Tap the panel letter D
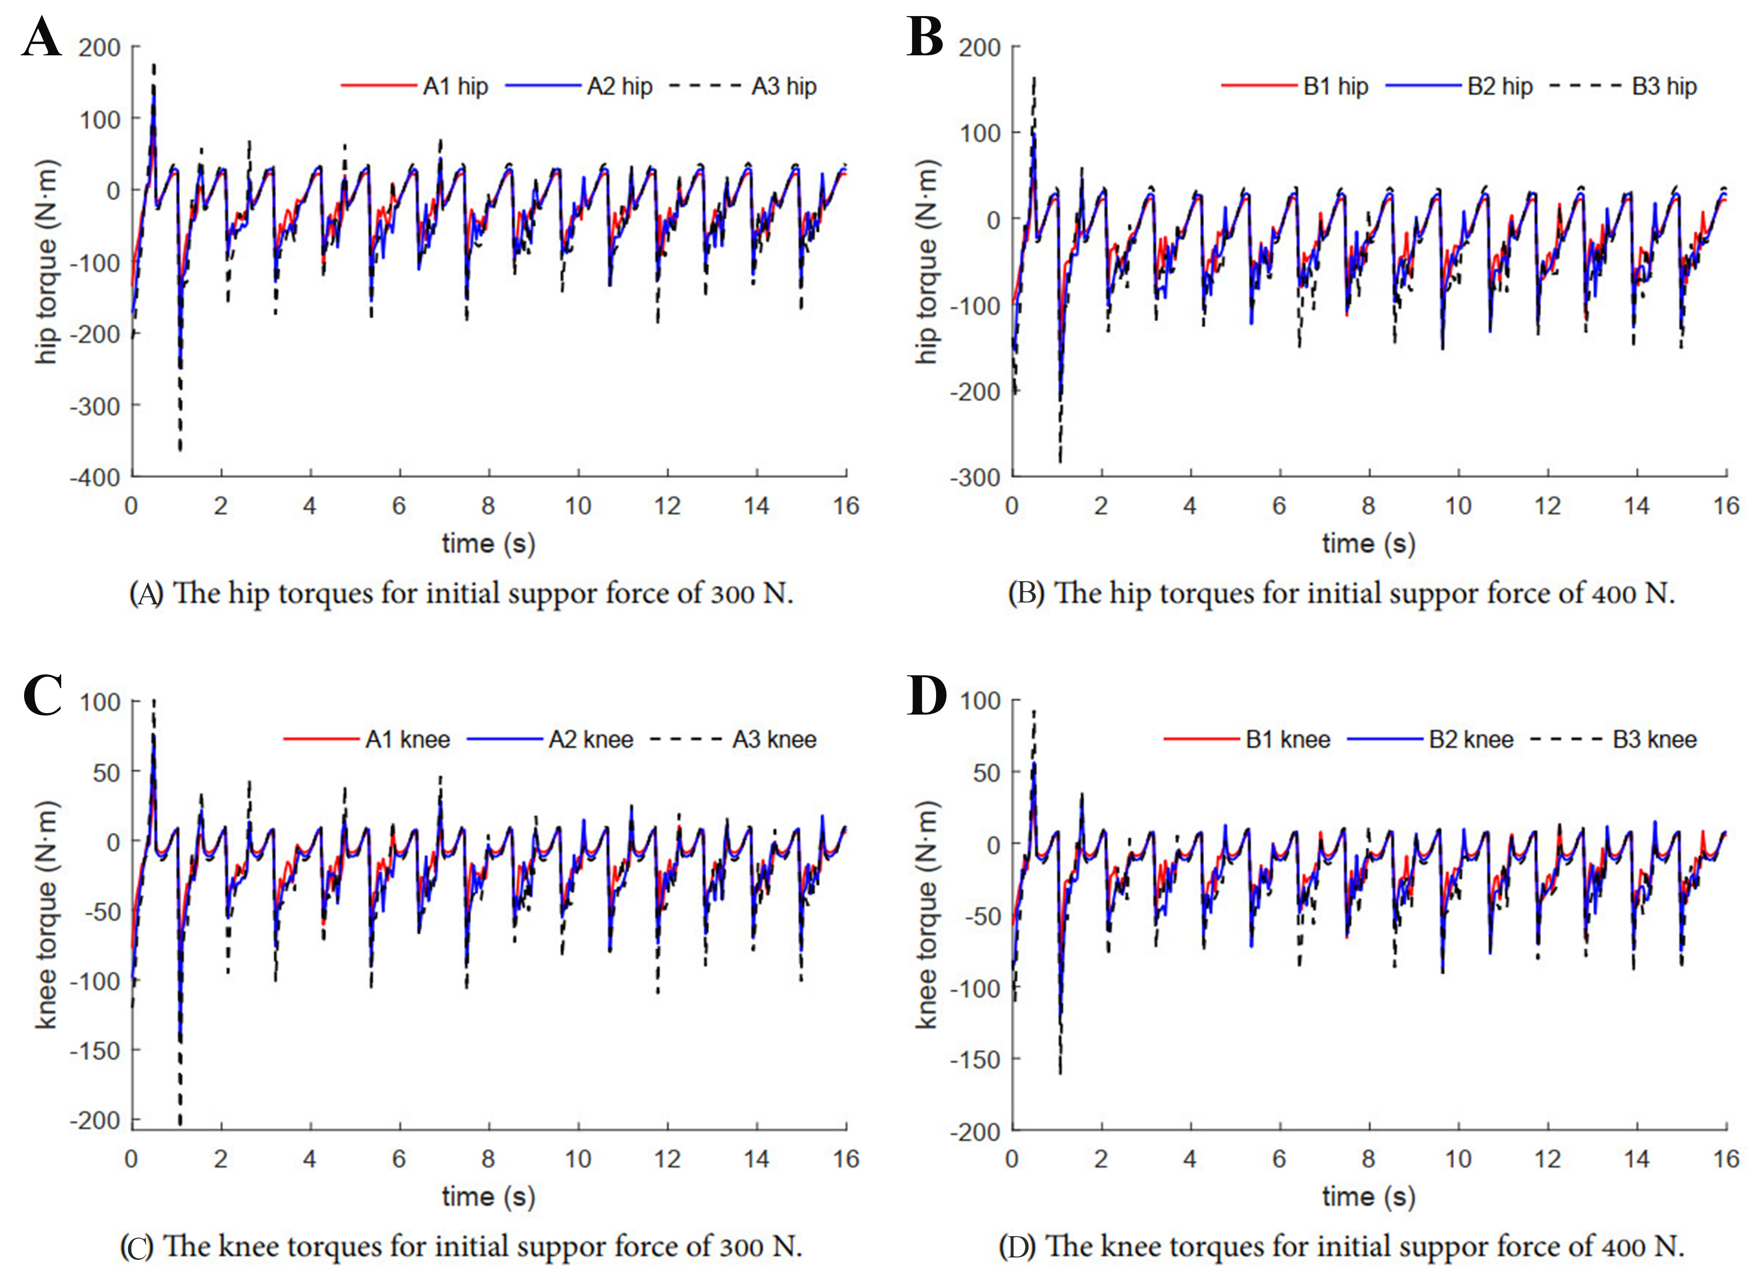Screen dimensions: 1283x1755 [926, 695]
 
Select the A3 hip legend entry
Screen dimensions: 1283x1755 [783, 86]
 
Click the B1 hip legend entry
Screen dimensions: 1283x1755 [1335, 86]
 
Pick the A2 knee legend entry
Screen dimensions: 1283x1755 [590, 739]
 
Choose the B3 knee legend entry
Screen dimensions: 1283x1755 [1654, 739]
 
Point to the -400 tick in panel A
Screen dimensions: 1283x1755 [95, 477]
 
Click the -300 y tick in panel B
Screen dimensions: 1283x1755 [974, 477]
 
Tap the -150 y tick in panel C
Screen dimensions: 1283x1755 [95, 1051]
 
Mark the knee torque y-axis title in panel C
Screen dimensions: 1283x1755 [47, 915]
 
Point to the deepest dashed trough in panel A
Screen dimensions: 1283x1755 [180, 448]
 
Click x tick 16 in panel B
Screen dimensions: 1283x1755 [1726, 506]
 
